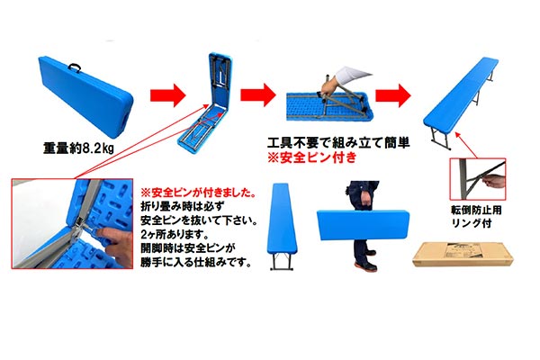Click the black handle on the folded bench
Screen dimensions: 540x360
pyautogui.click(x=75, y=67)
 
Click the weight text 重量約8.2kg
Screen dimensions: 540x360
pyautogui.click(x=78, y=148)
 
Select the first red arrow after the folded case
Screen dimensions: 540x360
pyautogui.click(x=167, y=95)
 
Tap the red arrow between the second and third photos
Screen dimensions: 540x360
pyautogui.click(x=258, y=94)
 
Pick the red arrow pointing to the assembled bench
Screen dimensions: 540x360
pyautogui.click(x=393, y=95)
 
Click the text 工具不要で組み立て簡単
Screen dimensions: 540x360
pyautogui.click(x=338, y=142)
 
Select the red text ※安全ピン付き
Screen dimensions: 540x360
pyautogui.click(x=312, y=157)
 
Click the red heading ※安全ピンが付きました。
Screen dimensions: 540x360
pyautogui.click(x=199, y=193)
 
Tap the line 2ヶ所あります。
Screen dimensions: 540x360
pyautogui.click(x=175, y=235)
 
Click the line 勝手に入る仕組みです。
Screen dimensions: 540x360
pyautogui.click(x=195, y=262)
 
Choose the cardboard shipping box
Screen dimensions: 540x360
pyautogui.click(x=463, y=254)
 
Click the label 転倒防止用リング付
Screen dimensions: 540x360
pyautogui.click(x=476, y=216)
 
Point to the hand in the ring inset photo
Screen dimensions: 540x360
pyautogui.click(x=494, y=181)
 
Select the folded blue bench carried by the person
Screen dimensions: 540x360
pyautogui.click(x=363, y=225)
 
